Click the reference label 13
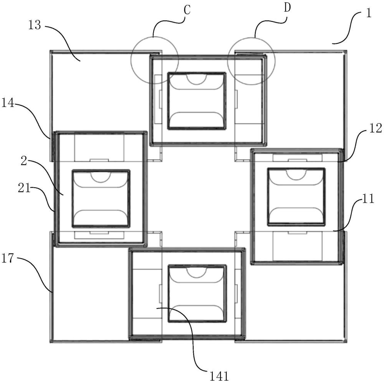(x=35, y=25)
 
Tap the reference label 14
(x=8, y=103)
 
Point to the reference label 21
(x=24, y=188)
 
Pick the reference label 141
(x=219, y=376)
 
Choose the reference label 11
(x=368, y=198)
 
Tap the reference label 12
(x=376, y=128)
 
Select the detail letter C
(x=187, y=10)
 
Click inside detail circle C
(x=155, y=60)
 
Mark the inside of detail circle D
(x=252, y=61)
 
